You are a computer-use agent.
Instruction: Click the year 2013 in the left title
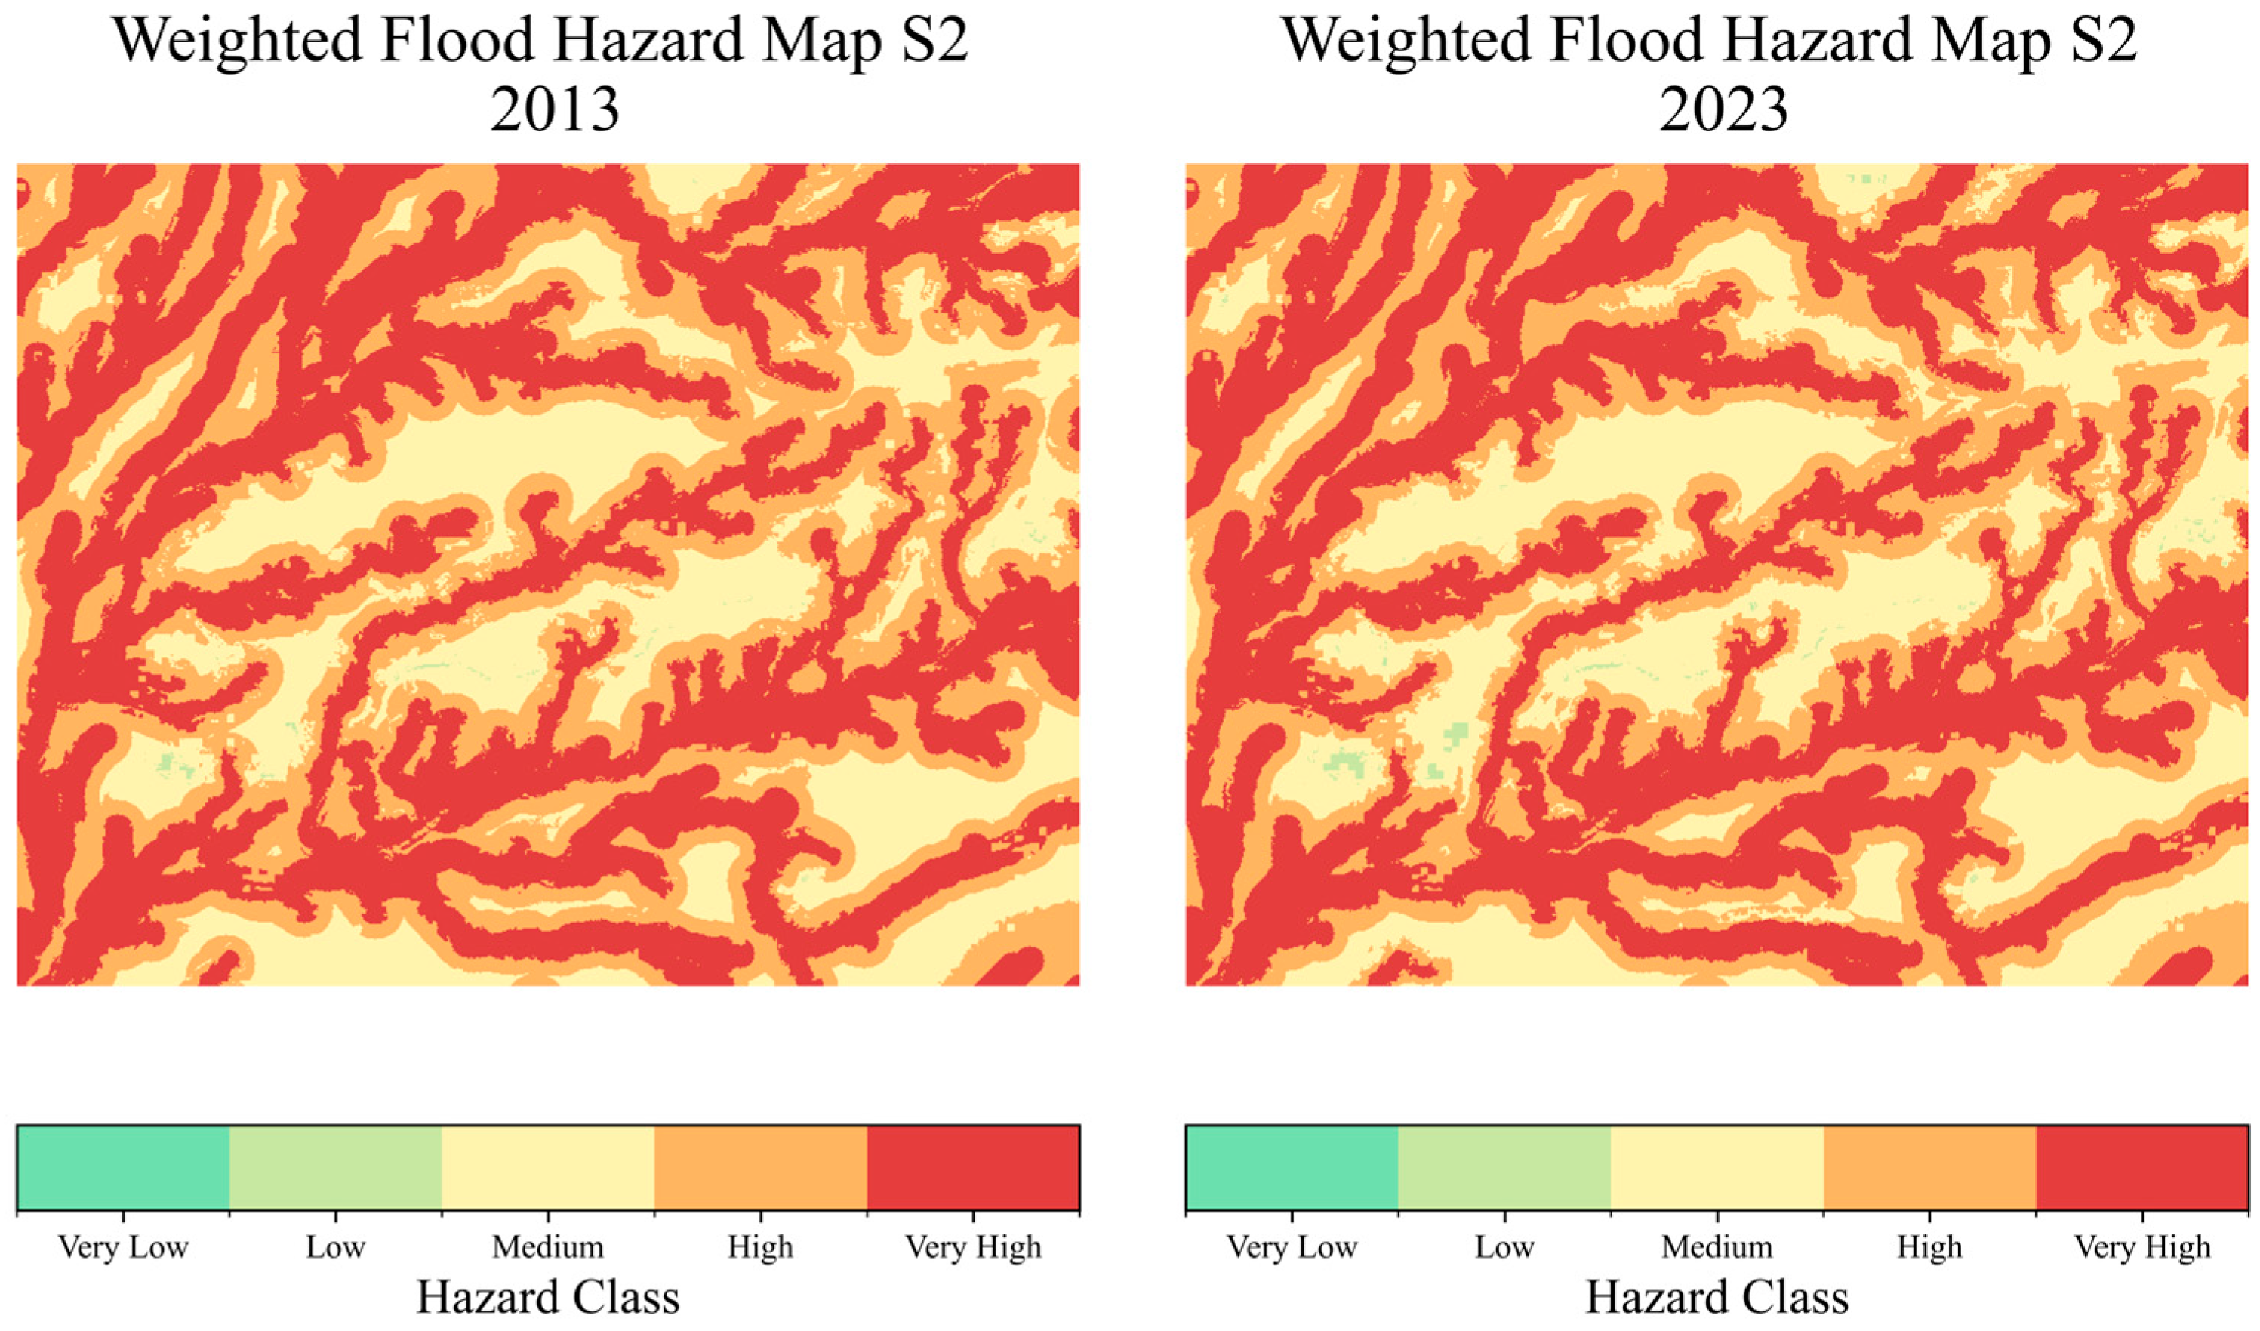point(554,110)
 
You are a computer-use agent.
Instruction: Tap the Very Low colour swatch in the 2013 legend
point(123,1168)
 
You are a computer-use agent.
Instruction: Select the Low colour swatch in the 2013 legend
point(335,1168)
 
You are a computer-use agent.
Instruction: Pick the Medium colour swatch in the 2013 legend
point(548,1168)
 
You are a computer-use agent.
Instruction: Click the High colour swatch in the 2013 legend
point(761,1168)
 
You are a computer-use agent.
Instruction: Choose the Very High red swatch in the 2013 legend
point(973,1168)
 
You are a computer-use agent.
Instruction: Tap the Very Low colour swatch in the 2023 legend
point(1292,1168)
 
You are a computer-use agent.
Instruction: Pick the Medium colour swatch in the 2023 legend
point(1717,1168)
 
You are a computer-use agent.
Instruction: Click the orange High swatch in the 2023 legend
point(1929,1168)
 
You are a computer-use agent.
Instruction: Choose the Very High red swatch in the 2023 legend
point(2141,1168)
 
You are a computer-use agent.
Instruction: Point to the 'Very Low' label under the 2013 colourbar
point(123,1246)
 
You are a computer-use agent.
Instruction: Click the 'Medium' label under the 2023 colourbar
point(1717,1246)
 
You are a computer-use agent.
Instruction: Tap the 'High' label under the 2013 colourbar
point(761,1246)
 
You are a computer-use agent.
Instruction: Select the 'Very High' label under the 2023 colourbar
point(2141,1246)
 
